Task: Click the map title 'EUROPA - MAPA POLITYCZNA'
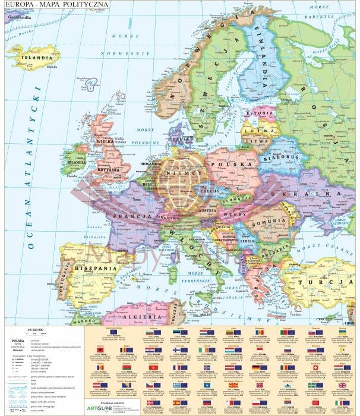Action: (56, 5)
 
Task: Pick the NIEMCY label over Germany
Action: (186, 170)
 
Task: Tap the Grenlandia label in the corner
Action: (19, 17)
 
